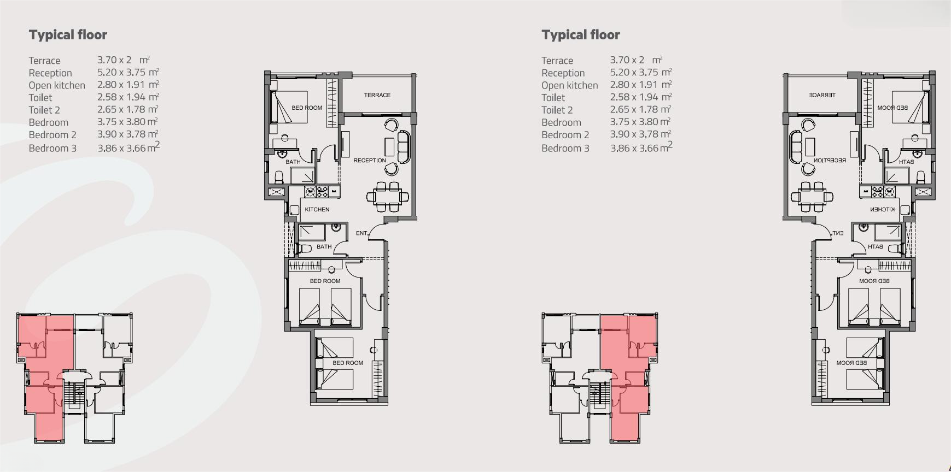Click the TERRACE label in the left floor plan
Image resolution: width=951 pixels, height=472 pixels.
pyautogui.click(x=377, y=95)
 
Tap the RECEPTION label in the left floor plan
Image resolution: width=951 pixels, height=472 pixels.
pyautogui.click(x=370, y=161)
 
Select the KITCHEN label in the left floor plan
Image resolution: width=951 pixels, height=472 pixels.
pyautogui.click(x=317, y=209)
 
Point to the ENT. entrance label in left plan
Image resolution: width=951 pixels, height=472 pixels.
pyautogui.click(x=361, y=233)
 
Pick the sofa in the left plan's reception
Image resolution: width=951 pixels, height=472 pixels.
pyautogui.click(x=404, y=146)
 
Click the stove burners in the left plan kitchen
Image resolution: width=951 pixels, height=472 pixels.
pyautogui.click(x=317, y=192)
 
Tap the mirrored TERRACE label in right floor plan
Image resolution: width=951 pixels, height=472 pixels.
pyautogui.click(x=822, y=95)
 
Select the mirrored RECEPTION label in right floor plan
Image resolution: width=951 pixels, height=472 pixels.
pyautogui.click(x=830, y=161)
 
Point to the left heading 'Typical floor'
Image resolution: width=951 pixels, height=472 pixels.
pyautogui.click(x=68, y=35)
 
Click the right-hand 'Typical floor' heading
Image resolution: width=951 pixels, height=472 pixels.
pyautogui.click(x=581, y=35)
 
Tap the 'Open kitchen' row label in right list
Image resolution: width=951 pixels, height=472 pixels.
pyautogui.click(x=570, y=85)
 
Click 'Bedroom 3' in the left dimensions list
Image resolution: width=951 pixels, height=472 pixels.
pyautogui.click(x=52, y=148)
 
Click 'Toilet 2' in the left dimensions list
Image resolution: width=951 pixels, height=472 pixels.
pyautogui.click(x=44, y=110)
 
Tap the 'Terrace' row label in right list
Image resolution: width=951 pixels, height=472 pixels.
pyautogui.click(x=557, y=61)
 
